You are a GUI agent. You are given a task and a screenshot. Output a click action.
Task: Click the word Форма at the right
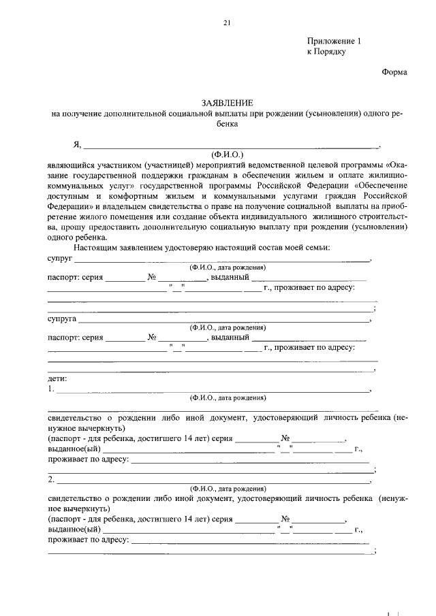pyautogui.click(x=394, y=72)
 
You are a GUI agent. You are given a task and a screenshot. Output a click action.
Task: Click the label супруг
pyautogui.click(x=60, y=258)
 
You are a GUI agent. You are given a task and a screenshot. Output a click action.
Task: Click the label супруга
pyautogui.click(x=62, y=318)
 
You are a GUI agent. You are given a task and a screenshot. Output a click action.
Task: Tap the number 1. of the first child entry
pyautogui.click(x=51, y=389)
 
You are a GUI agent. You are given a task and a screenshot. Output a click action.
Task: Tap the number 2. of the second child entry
pyautogui.click(x=51, y=480)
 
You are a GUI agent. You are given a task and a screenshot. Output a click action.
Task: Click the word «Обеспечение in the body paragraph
pyautogui.click(x=379, y=186)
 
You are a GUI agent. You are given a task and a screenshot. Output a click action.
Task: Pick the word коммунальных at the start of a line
pyautogui.click(x=75, y=186)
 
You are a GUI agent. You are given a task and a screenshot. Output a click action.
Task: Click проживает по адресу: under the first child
pyautogui.click(x=88, y=459)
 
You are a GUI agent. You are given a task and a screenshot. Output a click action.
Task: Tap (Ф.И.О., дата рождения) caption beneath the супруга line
pyautogui.click(x=228, y=327)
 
